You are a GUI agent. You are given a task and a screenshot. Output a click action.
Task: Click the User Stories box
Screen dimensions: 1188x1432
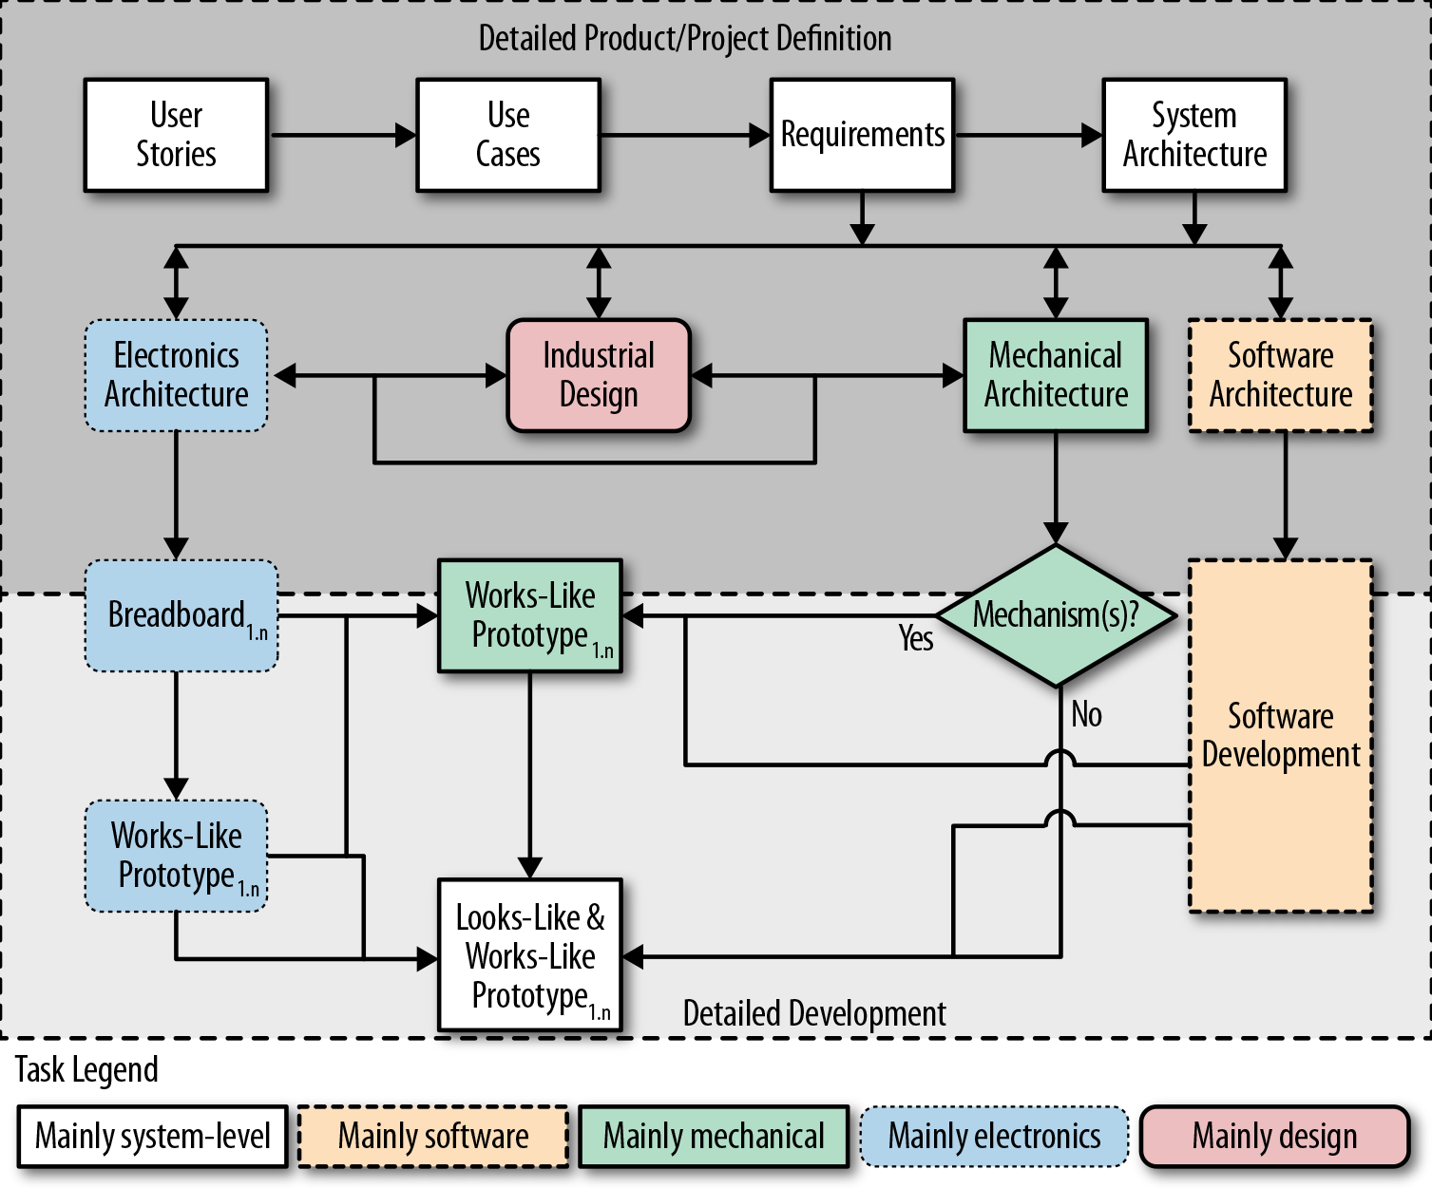[176, 135]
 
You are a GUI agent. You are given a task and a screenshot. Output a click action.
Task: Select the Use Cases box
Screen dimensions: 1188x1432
[508, 135]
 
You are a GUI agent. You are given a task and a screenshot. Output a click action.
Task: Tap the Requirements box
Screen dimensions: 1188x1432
[862, 135]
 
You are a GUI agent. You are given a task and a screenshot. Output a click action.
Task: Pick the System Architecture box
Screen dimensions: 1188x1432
[1194, 135]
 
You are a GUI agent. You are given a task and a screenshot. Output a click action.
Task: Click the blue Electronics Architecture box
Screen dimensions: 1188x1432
[176, 375]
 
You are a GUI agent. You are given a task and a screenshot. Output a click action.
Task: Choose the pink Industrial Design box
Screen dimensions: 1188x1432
[599, 375]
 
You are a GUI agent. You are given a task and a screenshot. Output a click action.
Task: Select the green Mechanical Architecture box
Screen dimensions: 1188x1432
[1056, 375]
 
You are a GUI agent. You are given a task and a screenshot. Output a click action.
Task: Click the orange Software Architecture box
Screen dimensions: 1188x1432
[1281, 375]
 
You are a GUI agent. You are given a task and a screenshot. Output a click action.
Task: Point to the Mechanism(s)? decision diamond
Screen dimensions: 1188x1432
[1056, 615]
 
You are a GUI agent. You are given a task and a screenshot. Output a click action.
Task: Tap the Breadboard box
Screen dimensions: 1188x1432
[181, 615]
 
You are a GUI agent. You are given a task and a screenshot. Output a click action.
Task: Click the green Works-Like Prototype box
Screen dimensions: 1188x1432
[530, 615]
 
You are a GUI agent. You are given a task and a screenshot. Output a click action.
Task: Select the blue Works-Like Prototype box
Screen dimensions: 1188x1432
[176, 857]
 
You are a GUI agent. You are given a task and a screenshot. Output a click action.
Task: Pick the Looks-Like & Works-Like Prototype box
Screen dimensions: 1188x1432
[530, 955]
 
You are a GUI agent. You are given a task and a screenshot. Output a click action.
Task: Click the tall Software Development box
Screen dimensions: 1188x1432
[1281, 736]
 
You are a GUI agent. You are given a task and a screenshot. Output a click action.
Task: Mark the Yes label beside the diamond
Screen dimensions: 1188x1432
[916, 638]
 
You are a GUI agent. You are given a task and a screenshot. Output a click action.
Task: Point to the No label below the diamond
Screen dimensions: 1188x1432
[1086, 714]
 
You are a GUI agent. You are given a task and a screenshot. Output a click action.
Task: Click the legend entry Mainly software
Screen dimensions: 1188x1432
[433, 1136]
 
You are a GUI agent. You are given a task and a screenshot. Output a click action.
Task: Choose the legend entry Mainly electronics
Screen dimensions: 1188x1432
[994, 1136]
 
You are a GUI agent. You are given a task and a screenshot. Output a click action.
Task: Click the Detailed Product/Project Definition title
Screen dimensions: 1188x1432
[685, 39]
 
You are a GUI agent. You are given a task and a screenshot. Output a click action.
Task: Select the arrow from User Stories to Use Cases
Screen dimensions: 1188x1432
[342, 135]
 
